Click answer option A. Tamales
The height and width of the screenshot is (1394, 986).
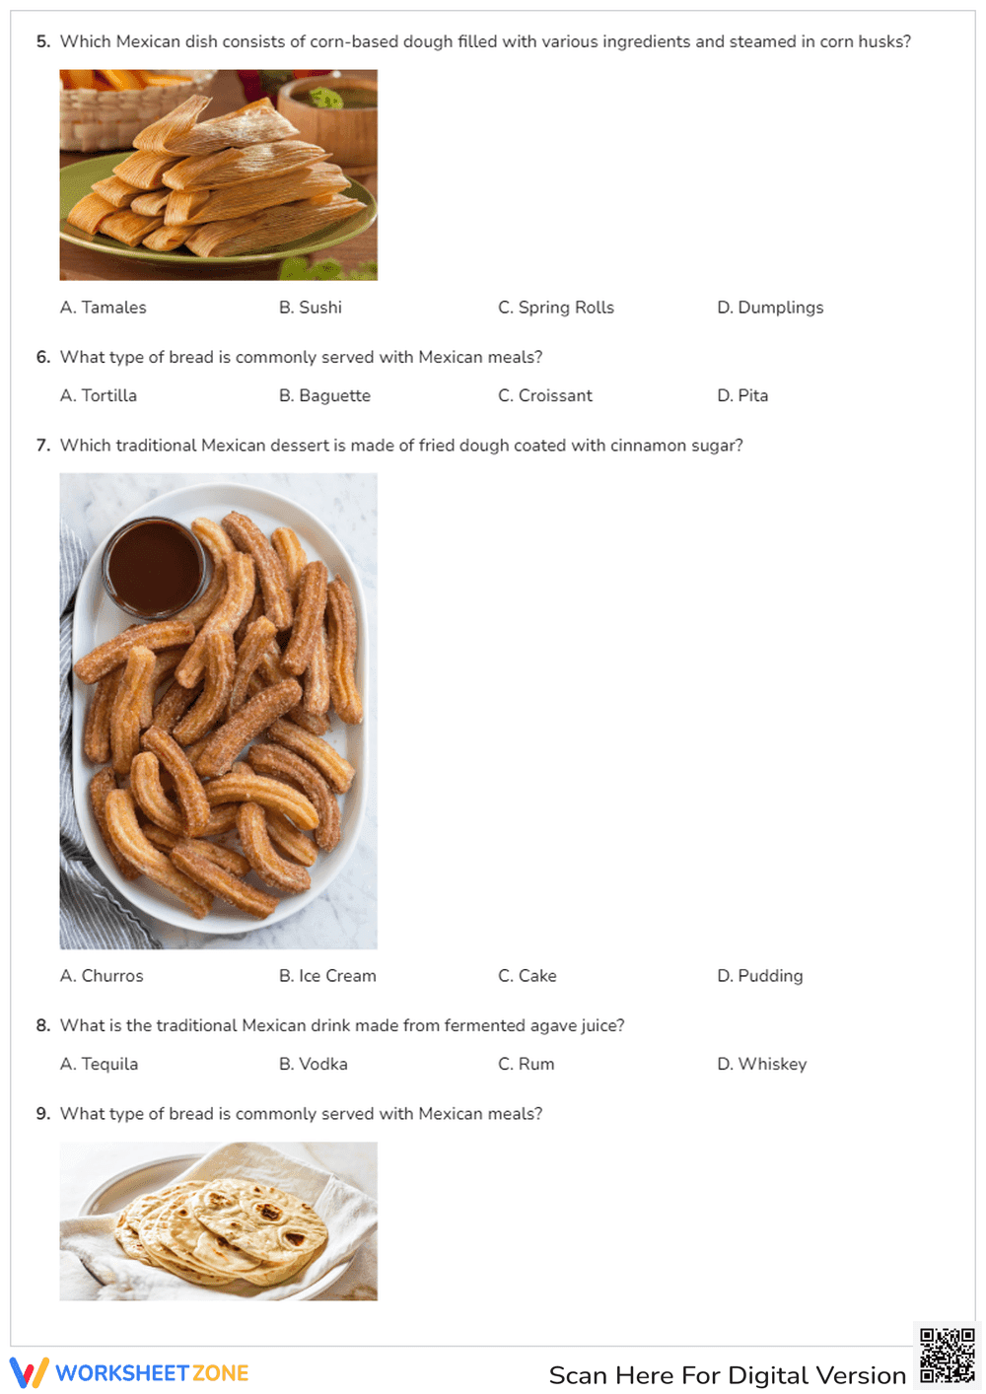(103, 308)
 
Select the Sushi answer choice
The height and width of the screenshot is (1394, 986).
(310, 308)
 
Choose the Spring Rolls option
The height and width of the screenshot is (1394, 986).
(555, 308)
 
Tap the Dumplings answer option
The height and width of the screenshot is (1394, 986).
(769, 308)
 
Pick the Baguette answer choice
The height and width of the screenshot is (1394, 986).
(324, 395)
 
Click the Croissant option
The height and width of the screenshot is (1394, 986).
(544, 395)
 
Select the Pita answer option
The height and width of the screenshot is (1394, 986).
(741, 395)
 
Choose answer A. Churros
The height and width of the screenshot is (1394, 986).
(102, 976)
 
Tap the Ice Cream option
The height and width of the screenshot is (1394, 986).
(327, 976)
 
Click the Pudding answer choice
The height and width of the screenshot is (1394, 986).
(759, 976)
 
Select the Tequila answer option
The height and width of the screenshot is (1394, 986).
(99, 1064)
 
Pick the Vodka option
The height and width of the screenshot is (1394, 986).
(313, 1064)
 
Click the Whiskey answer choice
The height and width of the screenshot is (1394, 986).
(761, 1064)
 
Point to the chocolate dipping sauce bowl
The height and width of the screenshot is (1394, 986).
(154, 568)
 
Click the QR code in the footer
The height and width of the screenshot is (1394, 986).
(947, 1356)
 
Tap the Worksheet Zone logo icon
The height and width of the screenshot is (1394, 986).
(29, 1372)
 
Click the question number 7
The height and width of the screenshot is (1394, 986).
(43, 446)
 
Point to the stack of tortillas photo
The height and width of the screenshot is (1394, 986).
(218, 1221)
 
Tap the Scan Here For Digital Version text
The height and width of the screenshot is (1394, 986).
(727, 1375)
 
